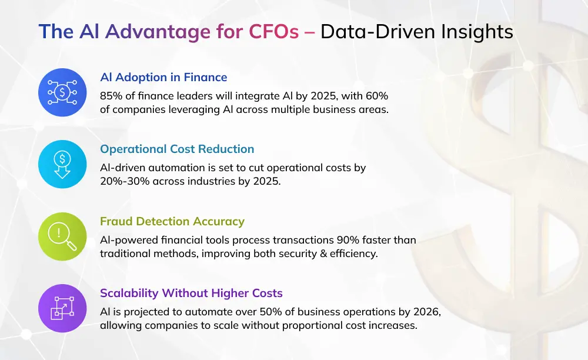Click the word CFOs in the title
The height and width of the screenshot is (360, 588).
[276, 32]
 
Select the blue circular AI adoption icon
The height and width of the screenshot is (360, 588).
[62, 92]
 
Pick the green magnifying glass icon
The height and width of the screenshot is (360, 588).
[62, 236]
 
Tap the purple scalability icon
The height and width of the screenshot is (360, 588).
[62, 308]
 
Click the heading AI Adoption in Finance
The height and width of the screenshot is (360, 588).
[163, 78]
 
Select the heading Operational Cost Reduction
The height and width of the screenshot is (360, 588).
[177, 149]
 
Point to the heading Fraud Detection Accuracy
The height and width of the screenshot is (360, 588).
[172, 221]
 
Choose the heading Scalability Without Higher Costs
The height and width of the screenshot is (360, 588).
[191, 293]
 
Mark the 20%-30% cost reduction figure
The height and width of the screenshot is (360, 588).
[122, 181]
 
